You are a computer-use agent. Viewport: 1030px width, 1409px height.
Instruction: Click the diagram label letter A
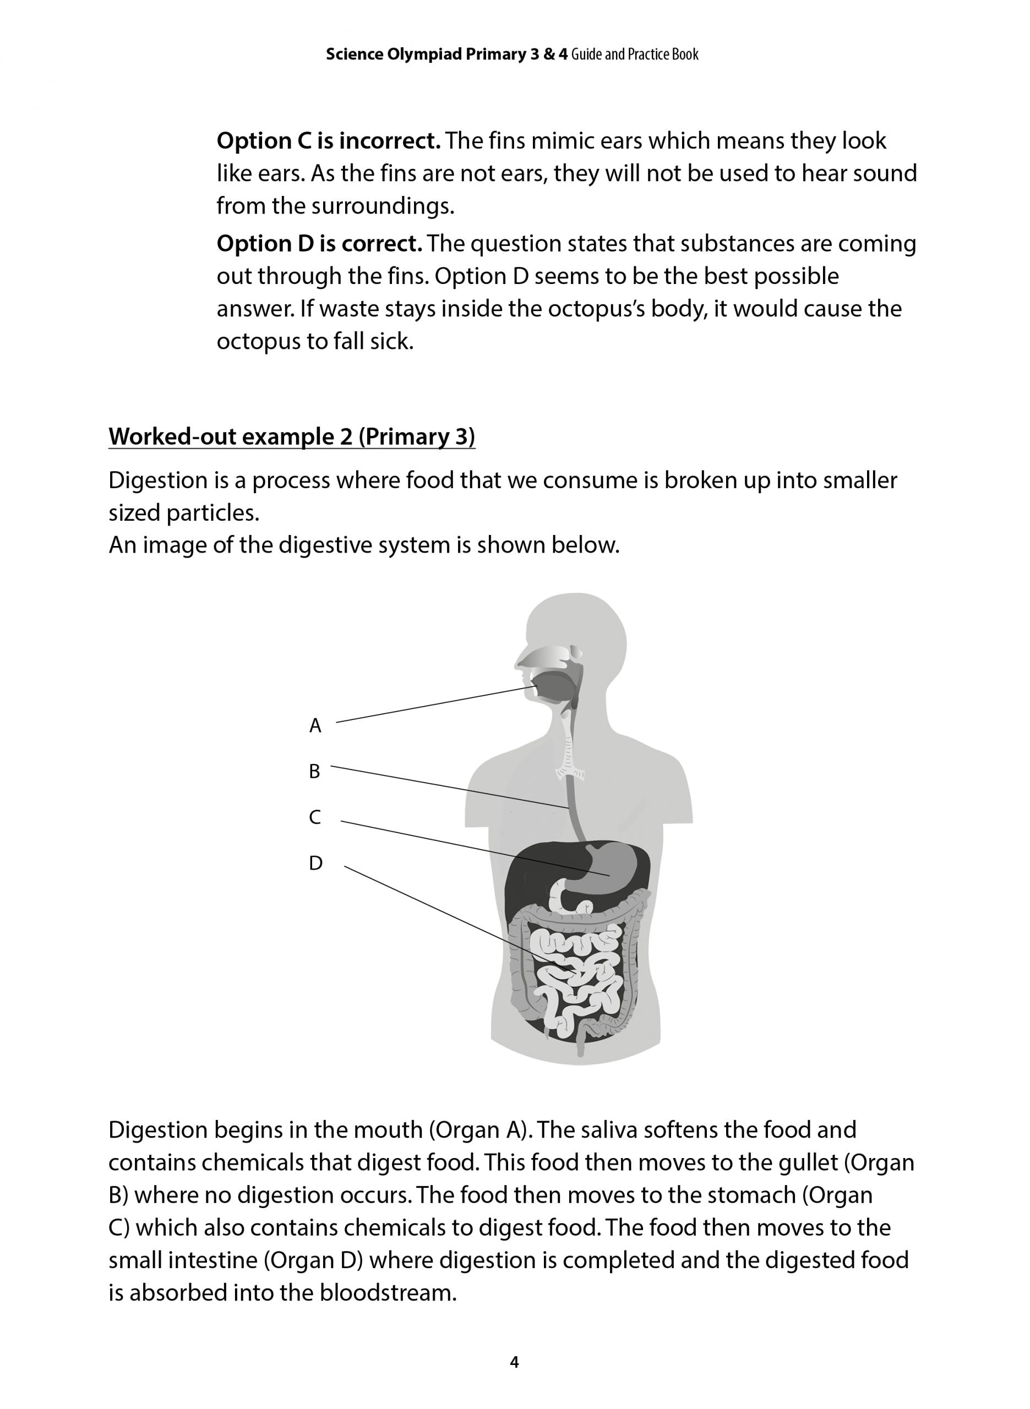click(x=315, y=725)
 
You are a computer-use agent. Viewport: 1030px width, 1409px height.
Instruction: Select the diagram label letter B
click(x=314, y=772)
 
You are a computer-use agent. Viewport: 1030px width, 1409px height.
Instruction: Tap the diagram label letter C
click(x=315, y=817)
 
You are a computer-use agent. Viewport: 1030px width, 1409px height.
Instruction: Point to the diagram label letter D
click(x=315, y=863)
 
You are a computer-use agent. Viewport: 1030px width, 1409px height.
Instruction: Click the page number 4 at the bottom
click(x=514, y=1362)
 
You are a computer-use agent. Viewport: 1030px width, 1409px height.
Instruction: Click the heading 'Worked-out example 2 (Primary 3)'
click(x=291, y=436)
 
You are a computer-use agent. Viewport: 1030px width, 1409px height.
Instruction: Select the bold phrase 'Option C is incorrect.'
click(x=328, y=141)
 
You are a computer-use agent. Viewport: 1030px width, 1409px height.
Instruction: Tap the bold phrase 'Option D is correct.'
click(x=319, y=244)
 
